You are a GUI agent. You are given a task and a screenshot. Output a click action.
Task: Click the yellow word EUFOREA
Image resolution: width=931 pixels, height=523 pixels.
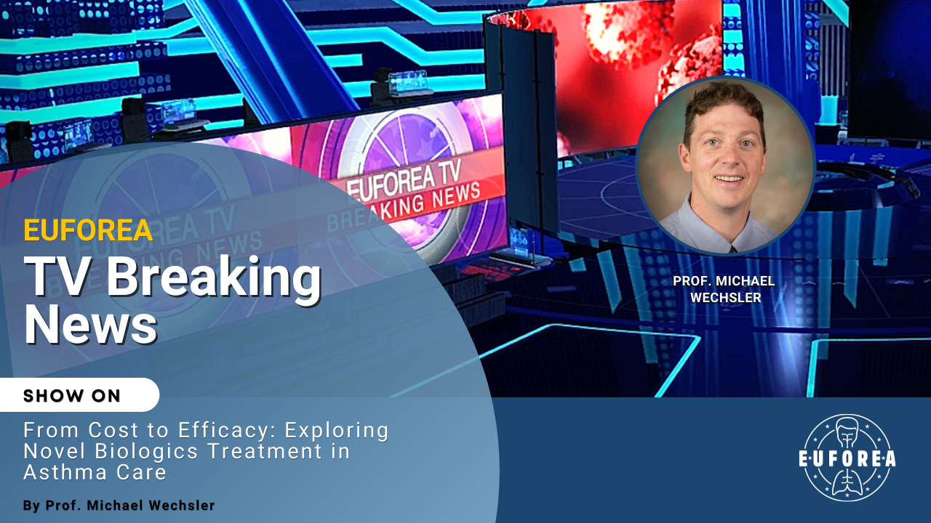tap(88, 230)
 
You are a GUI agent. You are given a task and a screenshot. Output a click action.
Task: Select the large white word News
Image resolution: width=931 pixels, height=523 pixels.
tap(91, 324)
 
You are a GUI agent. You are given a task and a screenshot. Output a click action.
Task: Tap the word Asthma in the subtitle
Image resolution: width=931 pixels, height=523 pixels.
tap(65, 472)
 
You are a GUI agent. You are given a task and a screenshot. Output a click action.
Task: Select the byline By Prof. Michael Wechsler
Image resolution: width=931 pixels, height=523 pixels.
tap(119, 505)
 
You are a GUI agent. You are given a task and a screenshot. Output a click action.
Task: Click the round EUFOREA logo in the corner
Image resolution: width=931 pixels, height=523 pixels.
tap(847, 458)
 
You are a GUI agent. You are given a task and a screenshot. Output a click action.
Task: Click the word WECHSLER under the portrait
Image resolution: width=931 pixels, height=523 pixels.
tap(726, 298)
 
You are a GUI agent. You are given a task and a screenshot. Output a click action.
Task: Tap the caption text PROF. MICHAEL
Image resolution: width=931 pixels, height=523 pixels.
tap(724, 281)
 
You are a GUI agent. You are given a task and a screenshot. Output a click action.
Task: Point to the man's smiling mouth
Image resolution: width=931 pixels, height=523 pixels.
tap(729, 179)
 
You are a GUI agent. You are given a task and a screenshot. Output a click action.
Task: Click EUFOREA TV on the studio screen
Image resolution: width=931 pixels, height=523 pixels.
tap(404, 179)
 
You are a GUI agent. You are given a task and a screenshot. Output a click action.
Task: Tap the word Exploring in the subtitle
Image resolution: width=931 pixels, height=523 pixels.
tap(337, 431)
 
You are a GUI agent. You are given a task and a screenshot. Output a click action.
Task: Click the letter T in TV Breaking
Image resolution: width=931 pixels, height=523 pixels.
tap(41, 275)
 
